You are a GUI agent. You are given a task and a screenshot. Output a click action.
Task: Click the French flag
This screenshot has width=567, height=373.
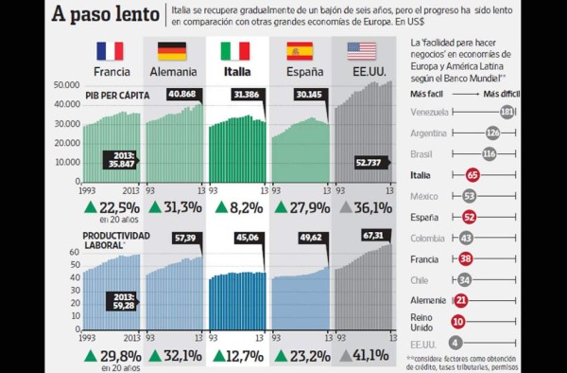(111, 51)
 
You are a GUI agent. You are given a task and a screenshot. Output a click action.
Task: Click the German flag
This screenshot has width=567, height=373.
(171, 51)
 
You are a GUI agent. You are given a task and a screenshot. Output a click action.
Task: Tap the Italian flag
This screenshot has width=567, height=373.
(235, 51)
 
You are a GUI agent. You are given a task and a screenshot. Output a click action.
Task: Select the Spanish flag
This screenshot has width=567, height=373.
(299, 51)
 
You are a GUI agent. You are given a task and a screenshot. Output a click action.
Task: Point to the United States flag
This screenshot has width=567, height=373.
(361, 51)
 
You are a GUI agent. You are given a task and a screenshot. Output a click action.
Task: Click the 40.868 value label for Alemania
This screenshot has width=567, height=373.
(183, 94)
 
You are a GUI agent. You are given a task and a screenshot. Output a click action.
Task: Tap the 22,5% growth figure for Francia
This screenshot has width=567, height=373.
(117, 207)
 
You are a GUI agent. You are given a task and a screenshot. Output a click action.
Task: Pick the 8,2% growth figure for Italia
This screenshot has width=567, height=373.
(242, 207)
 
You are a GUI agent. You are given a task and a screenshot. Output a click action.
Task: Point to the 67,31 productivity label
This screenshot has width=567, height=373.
(373, 235)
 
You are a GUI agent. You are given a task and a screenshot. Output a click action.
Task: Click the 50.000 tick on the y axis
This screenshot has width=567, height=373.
(64, 85)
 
